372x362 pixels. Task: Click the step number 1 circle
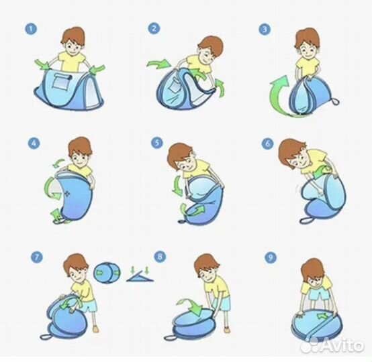pos(31,29)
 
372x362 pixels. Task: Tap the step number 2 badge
pos(154,29)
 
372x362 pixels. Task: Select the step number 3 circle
pos(265,29)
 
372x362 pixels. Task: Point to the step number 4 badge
pos(34,143)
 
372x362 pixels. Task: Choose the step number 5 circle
pos(157,143)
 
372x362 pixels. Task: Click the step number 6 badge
pos(267,144)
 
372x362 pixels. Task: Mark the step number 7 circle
pos(37,257)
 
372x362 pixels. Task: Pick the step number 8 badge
pos(160,257)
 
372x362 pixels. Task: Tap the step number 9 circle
pos(271,257)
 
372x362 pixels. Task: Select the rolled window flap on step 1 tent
pos(62,76)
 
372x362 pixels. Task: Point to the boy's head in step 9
pos(313,272)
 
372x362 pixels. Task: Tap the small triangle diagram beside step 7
pos(140,276)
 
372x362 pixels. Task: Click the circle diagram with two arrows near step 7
pos(107,273)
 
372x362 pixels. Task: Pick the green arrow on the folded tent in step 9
pos(322,316)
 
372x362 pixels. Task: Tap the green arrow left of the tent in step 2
pos(158,64)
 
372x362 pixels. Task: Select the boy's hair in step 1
pos(73,36)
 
